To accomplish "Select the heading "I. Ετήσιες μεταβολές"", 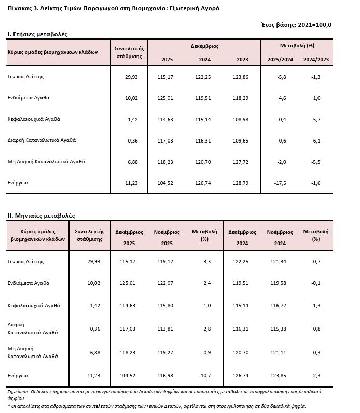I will pyautogui.click(x=37, y=34).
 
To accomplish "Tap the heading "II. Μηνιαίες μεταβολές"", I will pyautogui.click(x=41, y=215).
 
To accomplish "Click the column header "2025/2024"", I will pyautogui.click(x=280, y=60).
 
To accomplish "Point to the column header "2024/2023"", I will pyautogui.click(x=316, y=60).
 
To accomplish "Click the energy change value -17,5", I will pyautogui.click(x=280, y=183).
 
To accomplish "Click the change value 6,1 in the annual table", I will pyautogui.click(x=316, y=140).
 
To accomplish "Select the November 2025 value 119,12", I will pyautogui.click(x=167, y=262).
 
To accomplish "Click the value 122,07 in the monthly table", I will pyautogui.click(x=167, y=283).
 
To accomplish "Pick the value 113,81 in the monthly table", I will pyautogui.click(x=167, y=329).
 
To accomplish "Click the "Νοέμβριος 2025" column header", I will pyautogui.click(x=167, y=237).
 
